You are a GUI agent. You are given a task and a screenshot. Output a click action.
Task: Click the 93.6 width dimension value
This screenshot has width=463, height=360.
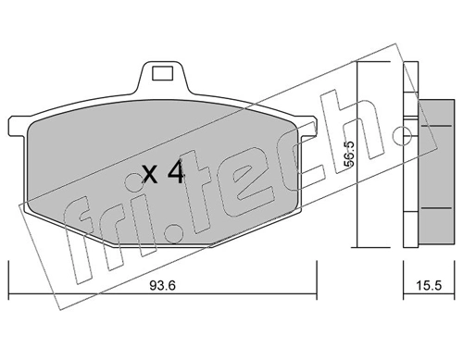tap(163, 285)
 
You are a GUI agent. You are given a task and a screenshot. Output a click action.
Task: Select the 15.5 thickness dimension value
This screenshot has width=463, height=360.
tap(429, 285)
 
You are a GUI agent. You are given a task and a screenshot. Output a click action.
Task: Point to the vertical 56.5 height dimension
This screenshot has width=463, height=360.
tap(350, 155)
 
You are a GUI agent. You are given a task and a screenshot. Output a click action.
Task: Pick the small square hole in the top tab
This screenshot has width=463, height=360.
tap(162, 73)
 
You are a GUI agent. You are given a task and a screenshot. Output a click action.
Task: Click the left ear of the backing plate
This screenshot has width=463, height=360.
tap(18, 126)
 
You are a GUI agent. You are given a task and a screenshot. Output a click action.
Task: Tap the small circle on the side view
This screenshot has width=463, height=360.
tap(402, 135)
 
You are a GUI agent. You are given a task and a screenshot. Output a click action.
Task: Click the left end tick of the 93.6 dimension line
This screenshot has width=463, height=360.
tap(8, 279)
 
